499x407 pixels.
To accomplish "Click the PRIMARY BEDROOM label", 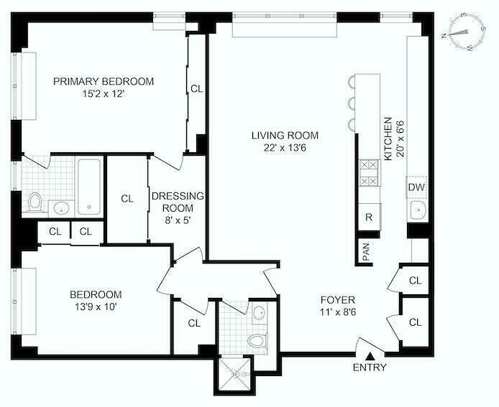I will coord(104,82).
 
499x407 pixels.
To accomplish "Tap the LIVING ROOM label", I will coord(285,136).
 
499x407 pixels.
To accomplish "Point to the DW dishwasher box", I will coord(416,187).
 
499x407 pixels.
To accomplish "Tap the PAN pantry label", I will coord(366,253).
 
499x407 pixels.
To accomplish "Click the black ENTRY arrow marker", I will coord(370,354).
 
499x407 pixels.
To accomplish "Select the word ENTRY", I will coord(370,368).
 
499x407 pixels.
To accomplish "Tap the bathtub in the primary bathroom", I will coord(90,186).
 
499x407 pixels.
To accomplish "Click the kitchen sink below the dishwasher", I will coord(417,210).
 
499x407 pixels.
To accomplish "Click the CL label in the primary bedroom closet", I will coord(197,89).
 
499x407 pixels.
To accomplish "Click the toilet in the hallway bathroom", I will coord(255,340).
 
